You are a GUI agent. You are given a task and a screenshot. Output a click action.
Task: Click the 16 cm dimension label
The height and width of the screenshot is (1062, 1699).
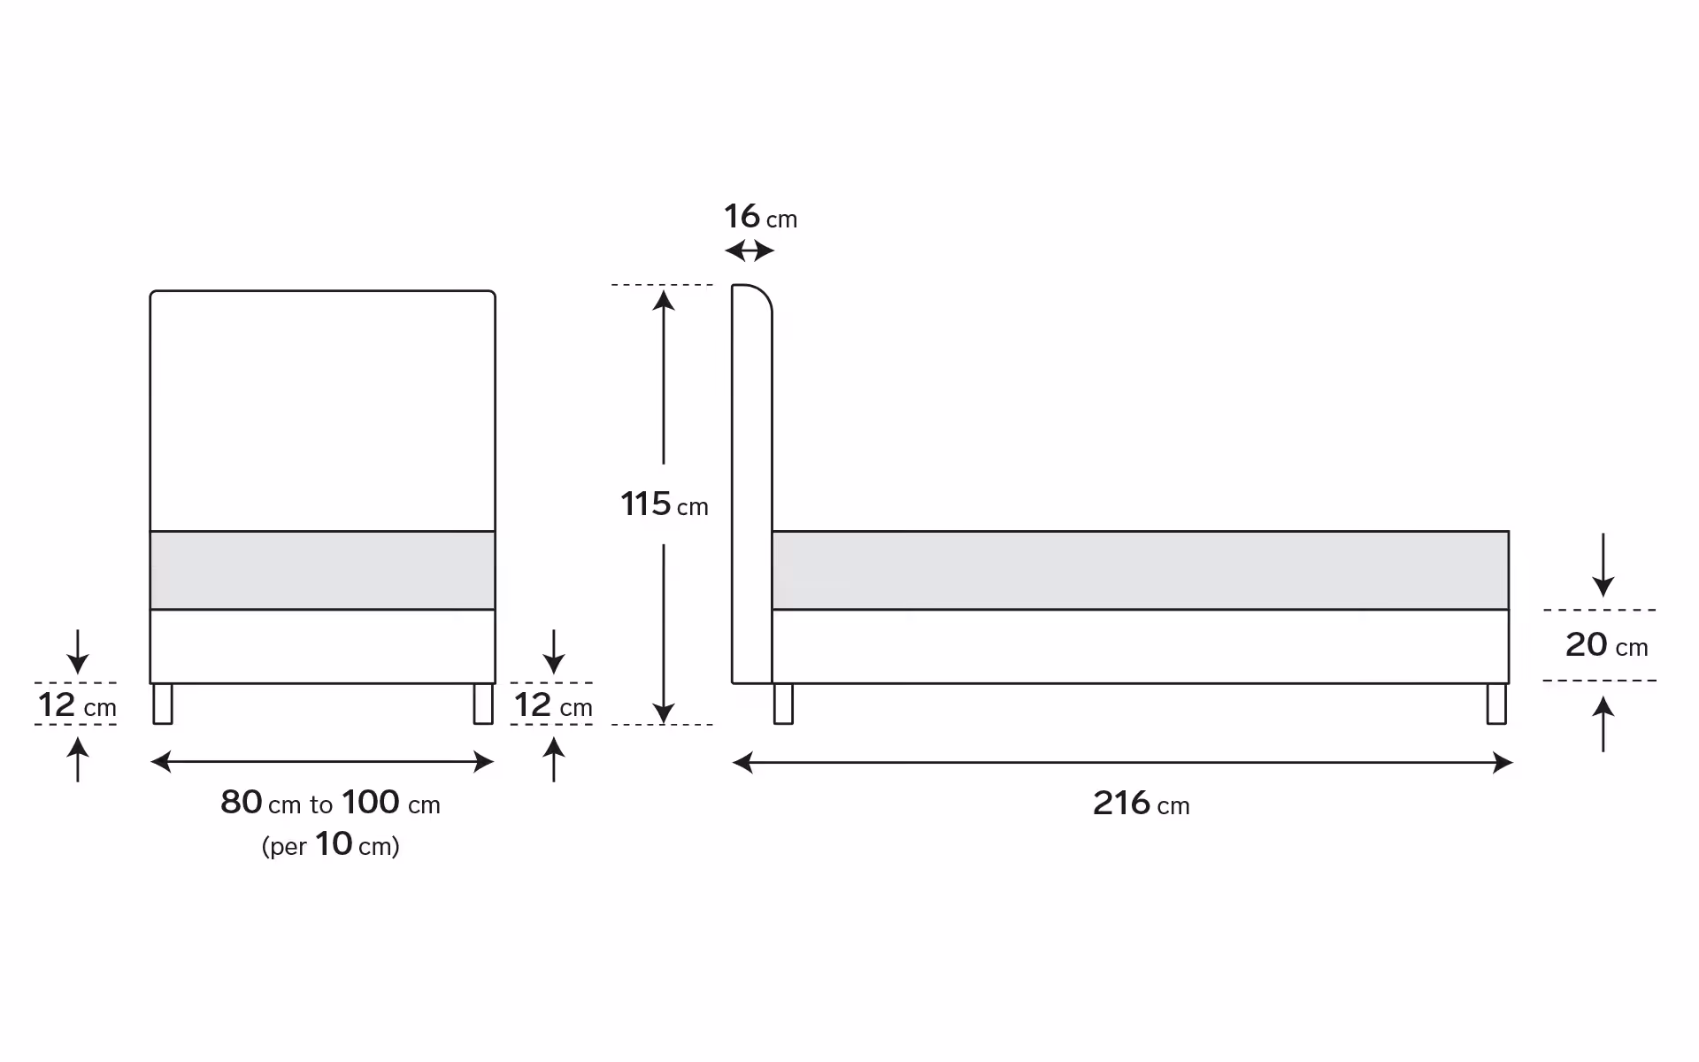(x=761, y=217)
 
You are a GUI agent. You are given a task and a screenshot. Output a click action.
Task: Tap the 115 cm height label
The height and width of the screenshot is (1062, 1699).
(x=665, y=504)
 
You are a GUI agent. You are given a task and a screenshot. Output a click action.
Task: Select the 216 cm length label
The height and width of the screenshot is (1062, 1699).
(x=1142, y=804)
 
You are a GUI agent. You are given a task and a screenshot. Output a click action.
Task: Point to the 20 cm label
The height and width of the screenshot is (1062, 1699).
(x=1607, y=645)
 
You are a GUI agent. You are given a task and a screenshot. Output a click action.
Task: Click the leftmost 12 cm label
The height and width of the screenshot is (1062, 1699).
(x=77, y=705)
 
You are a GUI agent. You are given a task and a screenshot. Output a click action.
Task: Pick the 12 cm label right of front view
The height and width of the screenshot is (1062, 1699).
(x=553, y=705)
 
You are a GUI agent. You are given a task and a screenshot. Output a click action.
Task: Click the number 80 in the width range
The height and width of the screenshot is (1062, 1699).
(x=241, y=803)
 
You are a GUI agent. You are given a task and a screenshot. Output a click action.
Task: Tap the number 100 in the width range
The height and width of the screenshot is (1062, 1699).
(x=371, y=803)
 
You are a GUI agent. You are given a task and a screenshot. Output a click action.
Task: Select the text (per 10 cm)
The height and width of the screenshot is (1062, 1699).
(x=331, y=845)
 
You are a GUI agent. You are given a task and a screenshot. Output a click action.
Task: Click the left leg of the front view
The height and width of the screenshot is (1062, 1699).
(x=163, y=704)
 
